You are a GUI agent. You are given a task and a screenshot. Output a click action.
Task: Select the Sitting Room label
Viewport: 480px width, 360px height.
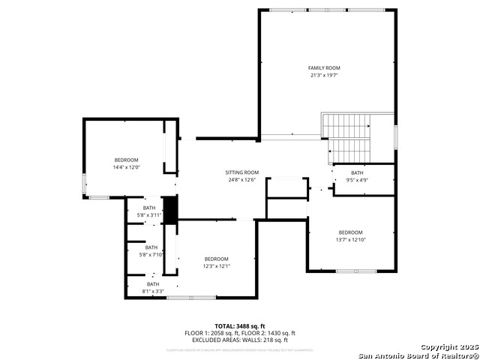(x=242, y=172)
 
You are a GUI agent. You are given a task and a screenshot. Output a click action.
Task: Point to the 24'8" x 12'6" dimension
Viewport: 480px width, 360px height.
(x=242, y=180)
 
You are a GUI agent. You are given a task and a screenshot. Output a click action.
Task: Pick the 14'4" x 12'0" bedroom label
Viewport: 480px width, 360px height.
(x=126, y=160)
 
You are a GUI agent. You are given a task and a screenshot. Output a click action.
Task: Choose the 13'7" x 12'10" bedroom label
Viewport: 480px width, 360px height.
(x=350, y=232)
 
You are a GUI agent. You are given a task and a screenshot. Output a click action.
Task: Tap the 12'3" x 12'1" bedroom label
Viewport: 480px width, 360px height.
(x=216, y=259)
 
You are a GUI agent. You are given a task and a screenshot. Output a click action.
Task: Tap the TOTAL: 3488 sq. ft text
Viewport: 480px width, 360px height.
(x=240, y=326)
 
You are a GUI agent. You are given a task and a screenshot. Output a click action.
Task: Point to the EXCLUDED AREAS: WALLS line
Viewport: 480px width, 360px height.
(x=240, y=340)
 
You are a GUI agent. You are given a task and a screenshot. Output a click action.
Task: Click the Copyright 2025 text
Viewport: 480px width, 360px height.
(x=448, y=348)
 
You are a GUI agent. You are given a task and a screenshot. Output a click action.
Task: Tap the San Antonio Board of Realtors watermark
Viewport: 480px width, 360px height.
(x=418, y=355)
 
